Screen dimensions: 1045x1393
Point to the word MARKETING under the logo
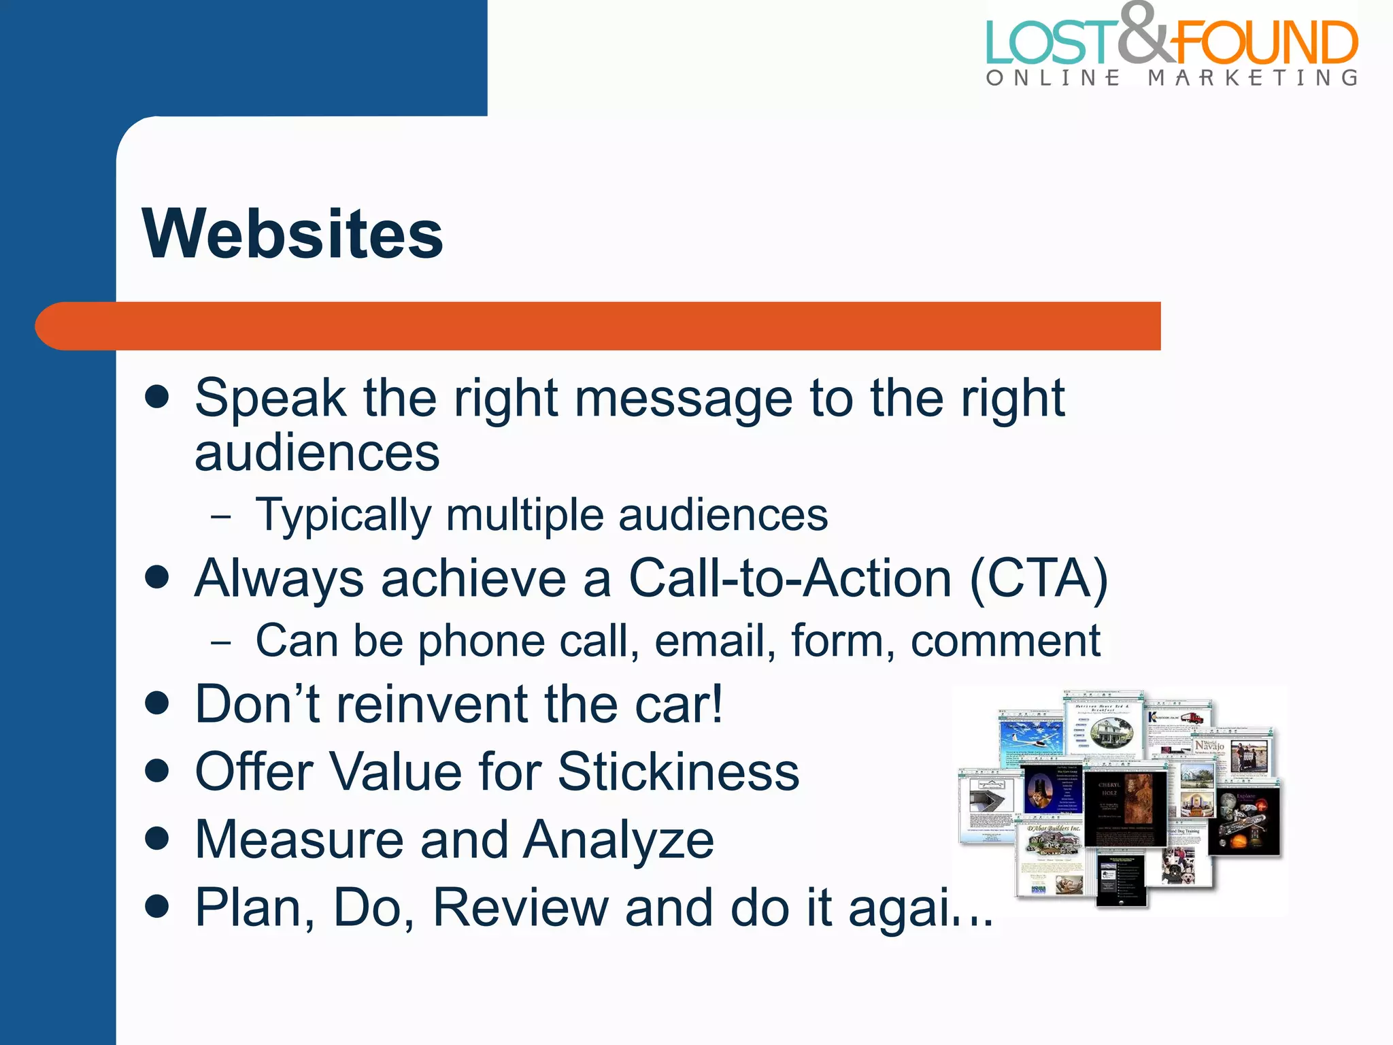point(1253,78)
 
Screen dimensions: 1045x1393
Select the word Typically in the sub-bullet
point(343,515)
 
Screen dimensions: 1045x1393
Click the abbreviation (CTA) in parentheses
point(1039,578)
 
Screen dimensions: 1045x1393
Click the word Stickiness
point(678,772)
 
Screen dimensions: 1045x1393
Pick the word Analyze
point(618,840)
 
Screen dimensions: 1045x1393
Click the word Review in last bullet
point(520,908)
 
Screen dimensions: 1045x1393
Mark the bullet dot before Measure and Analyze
point(157,838)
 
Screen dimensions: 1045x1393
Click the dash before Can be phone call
point(221,641)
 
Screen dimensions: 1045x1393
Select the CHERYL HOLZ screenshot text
point(1109,789)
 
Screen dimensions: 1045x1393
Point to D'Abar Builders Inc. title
point(1054,829)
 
